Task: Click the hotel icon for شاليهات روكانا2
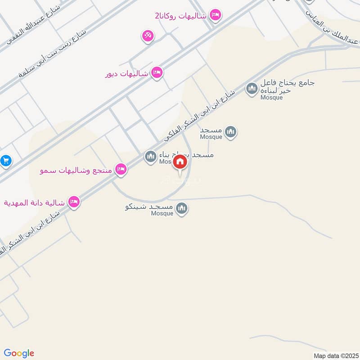pos(216,15)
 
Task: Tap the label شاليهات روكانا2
pos(180,16)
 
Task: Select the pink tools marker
pos(147,36)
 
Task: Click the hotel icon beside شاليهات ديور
pos(157,72)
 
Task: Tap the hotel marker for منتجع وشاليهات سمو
pos(120,169)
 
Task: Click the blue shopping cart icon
pos(5,160)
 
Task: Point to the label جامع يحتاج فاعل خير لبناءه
pos(286,87)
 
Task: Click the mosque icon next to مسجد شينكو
pos(182,208)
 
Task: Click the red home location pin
pos(180,163)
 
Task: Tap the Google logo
pos(19,353)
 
